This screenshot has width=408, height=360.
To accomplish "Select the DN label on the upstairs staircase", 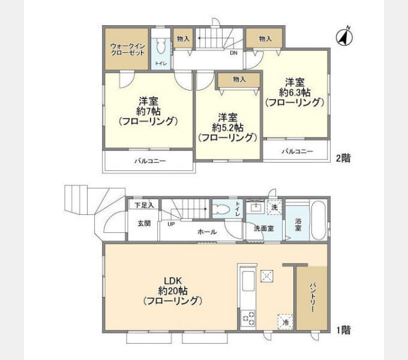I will click(x=233, y=52).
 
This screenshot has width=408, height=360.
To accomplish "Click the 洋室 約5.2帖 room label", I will click(x=228, y=127).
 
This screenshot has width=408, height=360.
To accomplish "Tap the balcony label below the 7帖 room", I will click(x=149, y=161).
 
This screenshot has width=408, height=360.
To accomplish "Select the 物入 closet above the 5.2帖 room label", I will click(x=239, y=79).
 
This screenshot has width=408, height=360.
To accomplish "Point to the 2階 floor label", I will click(x=343, y=158).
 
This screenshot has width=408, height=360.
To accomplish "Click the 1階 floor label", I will click(x=343, y=329).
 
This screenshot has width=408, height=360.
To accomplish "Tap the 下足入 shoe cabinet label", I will click(x=144, y=205).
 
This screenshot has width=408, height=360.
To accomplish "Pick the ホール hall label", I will click(x=207, y=232).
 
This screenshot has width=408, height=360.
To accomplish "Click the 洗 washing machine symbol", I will click(x=274, y=207).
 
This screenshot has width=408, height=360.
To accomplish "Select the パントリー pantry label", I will click(x=313, y=297).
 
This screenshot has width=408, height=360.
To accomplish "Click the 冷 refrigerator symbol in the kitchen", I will click(x=286, y=322).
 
